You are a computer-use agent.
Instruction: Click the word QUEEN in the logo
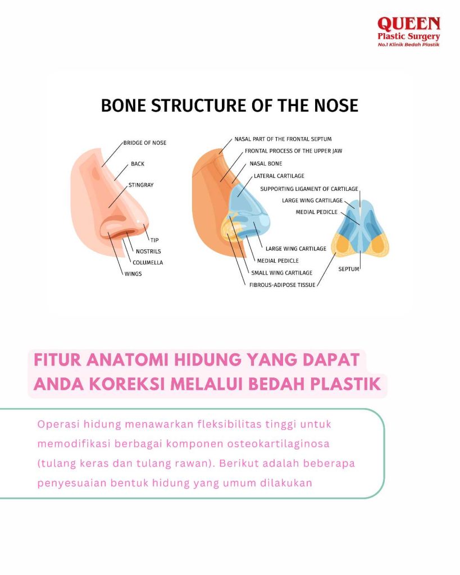409,24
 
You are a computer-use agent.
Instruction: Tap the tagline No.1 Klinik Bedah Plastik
409,45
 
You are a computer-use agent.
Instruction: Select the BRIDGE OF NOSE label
144,143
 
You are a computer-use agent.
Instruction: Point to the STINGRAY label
141,185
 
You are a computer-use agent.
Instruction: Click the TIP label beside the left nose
154,240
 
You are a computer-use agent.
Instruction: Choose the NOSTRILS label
148,252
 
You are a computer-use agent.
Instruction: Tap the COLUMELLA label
148,263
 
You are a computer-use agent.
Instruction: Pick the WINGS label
133,274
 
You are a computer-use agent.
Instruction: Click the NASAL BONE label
266,163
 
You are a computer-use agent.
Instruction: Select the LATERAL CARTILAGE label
279,176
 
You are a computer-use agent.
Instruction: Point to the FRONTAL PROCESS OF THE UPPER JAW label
293,150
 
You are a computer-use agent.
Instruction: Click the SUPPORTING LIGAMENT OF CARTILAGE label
309,189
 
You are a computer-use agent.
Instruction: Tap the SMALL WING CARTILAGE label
282,273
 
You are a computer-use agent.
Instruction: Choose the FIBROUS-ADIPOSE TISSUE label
282,285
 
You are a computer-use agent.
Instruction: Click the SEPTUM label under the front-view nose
348,269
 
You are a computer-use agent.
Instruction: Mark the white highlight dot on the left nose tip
138,221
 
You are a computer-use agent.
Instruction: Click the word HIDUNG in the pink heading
208,360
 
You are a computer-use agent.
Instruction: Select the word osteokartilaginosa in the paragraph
278,444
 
